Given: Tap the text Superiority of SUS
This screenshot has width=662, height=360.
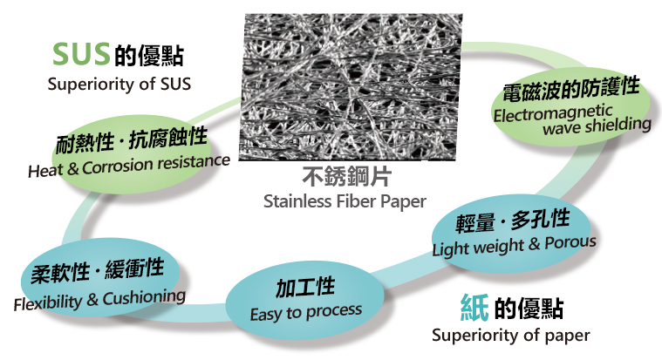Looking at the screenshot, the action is [119, 84].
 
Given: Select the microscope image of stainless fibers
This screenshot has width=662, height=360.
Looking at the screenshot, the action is [351, 87].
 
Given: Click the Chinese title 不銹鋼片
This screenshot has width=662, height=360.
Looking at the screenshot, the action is [346, 176].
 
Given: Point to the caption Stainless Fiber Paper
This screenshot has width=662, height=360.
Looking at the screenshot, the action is [345, 201].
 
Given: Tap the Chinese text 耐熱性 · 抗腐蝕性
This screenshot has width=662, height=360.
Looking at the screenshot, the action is [132, 139].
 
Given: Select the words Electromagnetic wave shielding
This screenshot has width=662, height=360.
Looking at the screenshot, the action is [572, 119].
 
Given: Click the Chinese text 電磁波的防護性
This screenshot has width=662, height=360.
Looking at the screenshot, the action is [570, 89].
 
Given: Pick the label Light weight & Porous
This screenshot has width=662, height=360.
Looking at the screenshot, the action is [514, 245].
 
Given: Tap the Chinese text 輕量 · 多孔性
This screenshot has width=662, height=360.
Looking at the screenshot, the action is [513, 221].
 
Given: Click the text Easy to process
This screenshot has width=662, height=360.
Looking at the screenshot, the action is [305, 313].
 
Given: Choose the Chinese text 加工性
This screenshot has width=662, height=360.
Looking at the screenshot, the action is [305, 288].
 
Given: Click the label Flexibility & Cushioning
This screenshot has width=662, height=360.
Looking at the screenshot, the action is [99, 300].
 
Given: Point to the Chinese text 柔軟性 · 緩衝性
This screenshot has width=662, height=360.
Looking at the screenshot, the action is [97, 271].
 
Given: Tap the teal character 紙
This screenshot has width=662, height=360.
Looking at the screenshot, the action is [474, 307].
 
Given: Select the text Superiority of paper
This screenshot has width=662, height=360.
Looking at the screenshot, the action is [510, 336].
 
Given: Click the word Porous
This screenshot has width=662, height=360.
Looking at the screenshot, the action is [570, 242].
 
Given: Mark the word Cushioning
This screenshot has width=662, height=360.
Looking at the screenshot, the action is [144, 297].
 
